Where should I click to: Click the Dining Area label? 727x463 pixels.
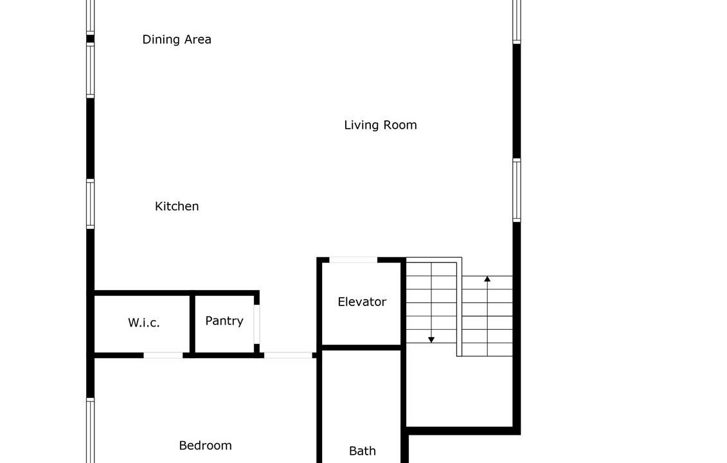(177, 39)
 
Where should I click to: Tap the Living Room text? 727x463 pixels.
(380, 125)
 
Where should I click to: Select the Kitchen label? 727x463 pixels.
(177, 206)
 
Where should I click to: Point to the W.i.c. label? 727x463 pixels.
(144, 322)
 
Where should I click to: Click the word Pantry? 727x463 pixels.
(224, 321)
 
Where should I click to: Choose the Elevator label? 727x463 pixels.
(362, 302)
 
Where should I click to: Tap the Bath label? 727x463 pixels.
(362, 451)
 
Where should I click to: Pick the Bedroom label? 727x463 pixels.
(206, 446)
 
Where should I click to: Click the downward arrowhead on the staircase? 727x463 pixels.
(431, 340)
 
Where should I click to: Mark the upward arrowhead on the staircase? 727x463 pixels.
(487, 279)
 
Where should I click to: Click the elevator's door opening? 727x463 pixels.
(354, 260)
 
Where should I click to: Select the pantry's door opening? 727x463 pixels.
(257, 324)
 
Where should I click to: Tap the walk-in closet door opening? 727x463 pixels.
(163, 356)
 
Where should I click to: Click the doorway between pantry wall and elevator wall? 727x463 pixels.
(288, 356)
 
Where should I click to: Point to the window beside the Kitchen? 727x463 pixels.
(91, 204)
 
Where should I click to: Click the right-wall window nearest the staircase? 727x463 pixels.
(517, 190)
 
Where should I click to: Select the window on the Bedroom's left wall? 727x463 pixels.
(91, 430)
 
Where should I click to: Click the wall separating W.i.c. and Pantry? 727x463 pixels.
(192, 324)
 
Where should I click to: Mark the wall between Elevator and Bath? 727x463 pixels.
(361, 347)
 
